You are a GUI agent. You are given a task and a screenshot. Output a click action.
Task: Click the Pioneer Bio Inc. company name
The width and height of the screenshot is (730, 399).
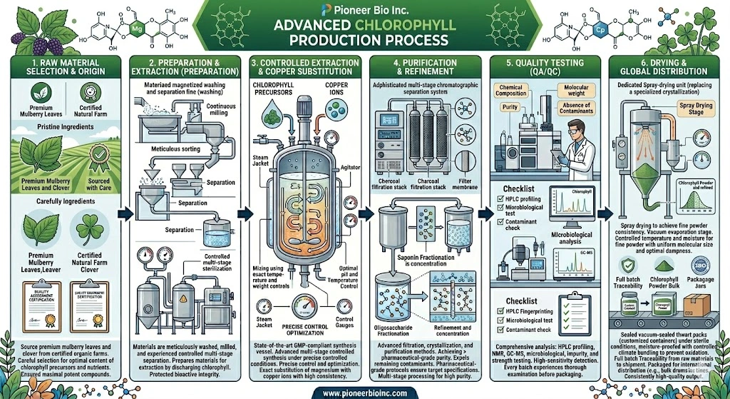[x=365, y=10]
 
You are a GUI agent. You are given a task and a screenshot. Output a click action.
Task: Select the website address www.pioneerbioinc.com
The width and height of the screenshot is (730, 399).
[x=364, y=390]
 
